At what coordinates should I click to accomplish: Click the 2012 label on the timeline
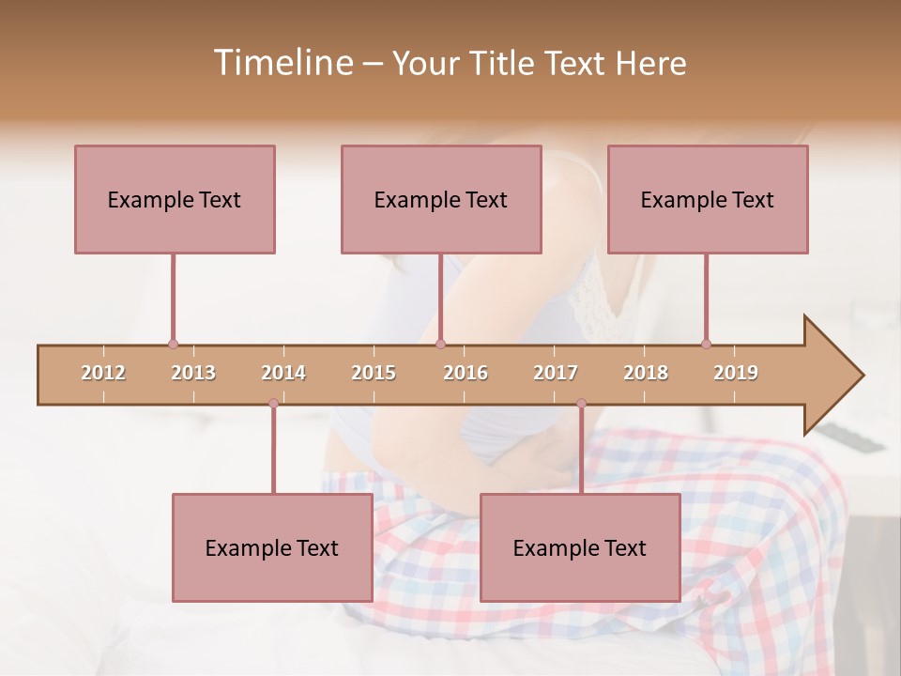(103, 373)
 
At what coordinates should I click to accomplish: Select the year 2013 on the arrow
(193, 373)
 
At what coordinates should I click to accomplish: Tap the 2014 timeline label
(283, 373)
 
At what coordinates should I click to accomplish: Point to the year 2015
(374, 373)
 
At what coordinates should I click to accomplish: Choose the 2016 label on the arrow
(466, 373)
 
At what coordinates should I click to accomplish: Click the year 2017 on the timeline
(556, 373)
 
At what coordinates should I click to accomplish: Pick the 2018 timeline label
(646, 373)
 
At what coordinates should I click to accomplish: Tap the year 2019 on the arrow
(736, 373)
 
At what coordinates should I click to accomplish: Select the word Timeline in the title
(282, 63)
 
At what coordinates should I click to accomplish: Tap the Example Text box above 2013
(175, 199)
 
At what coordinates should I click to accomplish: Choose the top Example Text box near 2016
(441, 199)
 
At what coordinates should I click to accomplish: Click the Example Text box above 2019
(708, 199)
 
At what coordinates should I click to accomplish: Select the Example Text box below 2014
(272, 547)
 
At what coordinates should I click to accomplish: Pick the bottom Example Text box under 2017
(580, 547)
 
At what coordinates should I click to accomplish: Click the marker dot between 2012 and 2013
(173, 345)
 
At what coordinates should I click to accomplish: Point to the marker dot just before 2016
(441, 345)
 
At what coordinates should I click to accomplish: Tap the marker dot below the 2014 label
(273, 403)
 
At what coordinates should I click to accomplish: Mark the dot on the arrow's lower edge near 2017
(581, 403)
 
